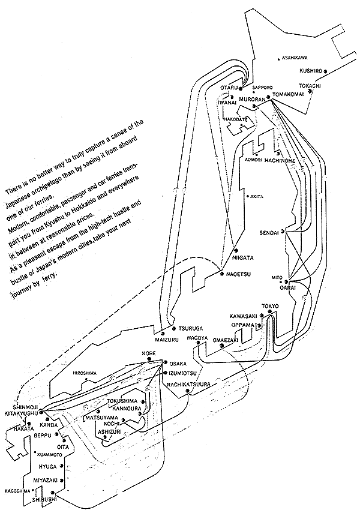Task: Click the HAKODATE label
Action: pyautogui.click(x=236, y=119)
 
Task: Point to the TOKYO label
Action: pyautogui.click(x=270, y=307)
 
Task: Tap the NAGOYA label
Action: pyautogui.click(x=196, y=338)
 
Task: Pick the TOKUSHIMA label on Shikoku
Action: pyautogui.click(x=122, y=401)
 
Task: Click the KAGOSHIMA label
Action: pyautogui.click(x=17, y=490)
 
